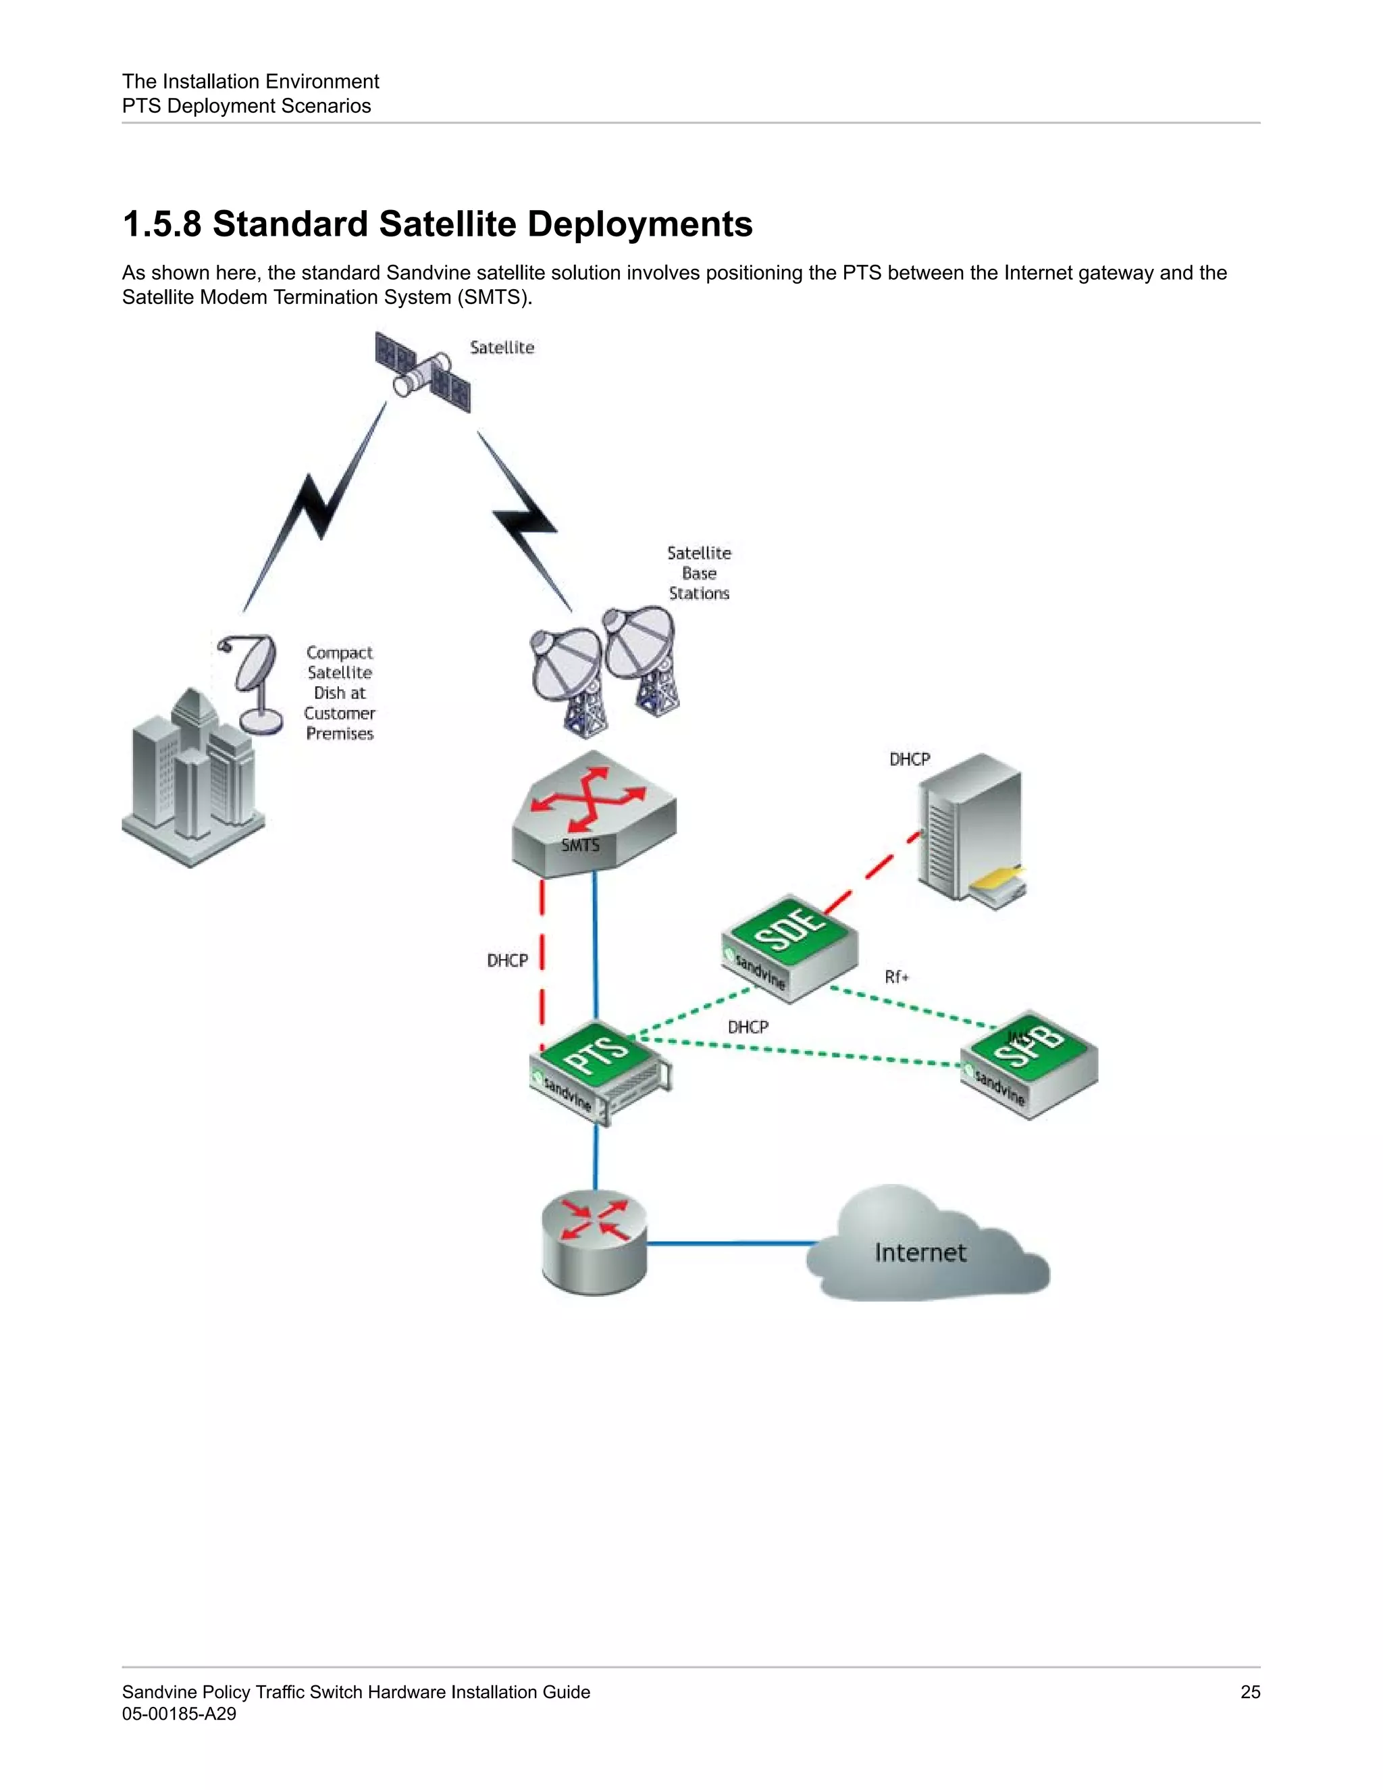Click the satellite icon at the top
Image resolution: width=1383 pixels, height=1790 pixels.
click(423, 372)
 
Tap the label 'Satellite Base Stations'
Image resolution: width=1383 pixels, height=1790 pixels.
click(699, 573)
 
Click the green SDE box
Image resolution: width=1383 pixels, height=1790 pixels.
click(789, 946)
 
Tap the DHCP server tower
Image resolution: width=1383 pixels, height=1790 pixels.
click(972, 828)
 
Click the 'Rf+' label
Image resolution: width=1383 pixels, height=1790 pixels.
click(896, 977)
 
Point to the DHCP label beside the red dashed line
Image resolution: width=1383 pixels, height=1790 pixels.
click(507, 961)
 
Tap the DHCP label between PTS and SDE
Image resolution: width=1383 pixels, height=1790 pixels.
click(748, 1027)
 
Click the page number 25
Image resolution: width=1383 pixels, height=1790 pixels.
click(1249, 1691)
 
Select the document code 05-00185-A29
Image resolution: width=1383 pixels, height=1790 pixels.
click(178, 1714)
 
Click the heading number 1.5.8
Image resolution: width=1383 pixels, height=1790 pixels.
click(161, 224)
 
